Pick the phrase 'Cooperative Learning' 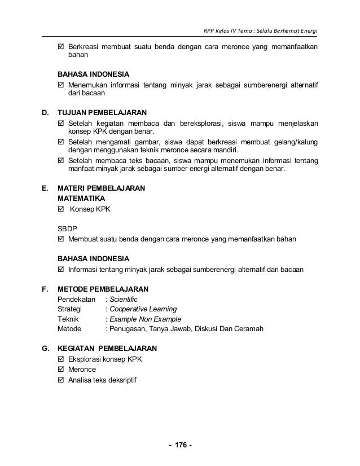[143, 310]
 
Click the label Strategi [71, 310]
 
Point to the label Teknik [69, 319]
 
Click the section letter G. [46, 349]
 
